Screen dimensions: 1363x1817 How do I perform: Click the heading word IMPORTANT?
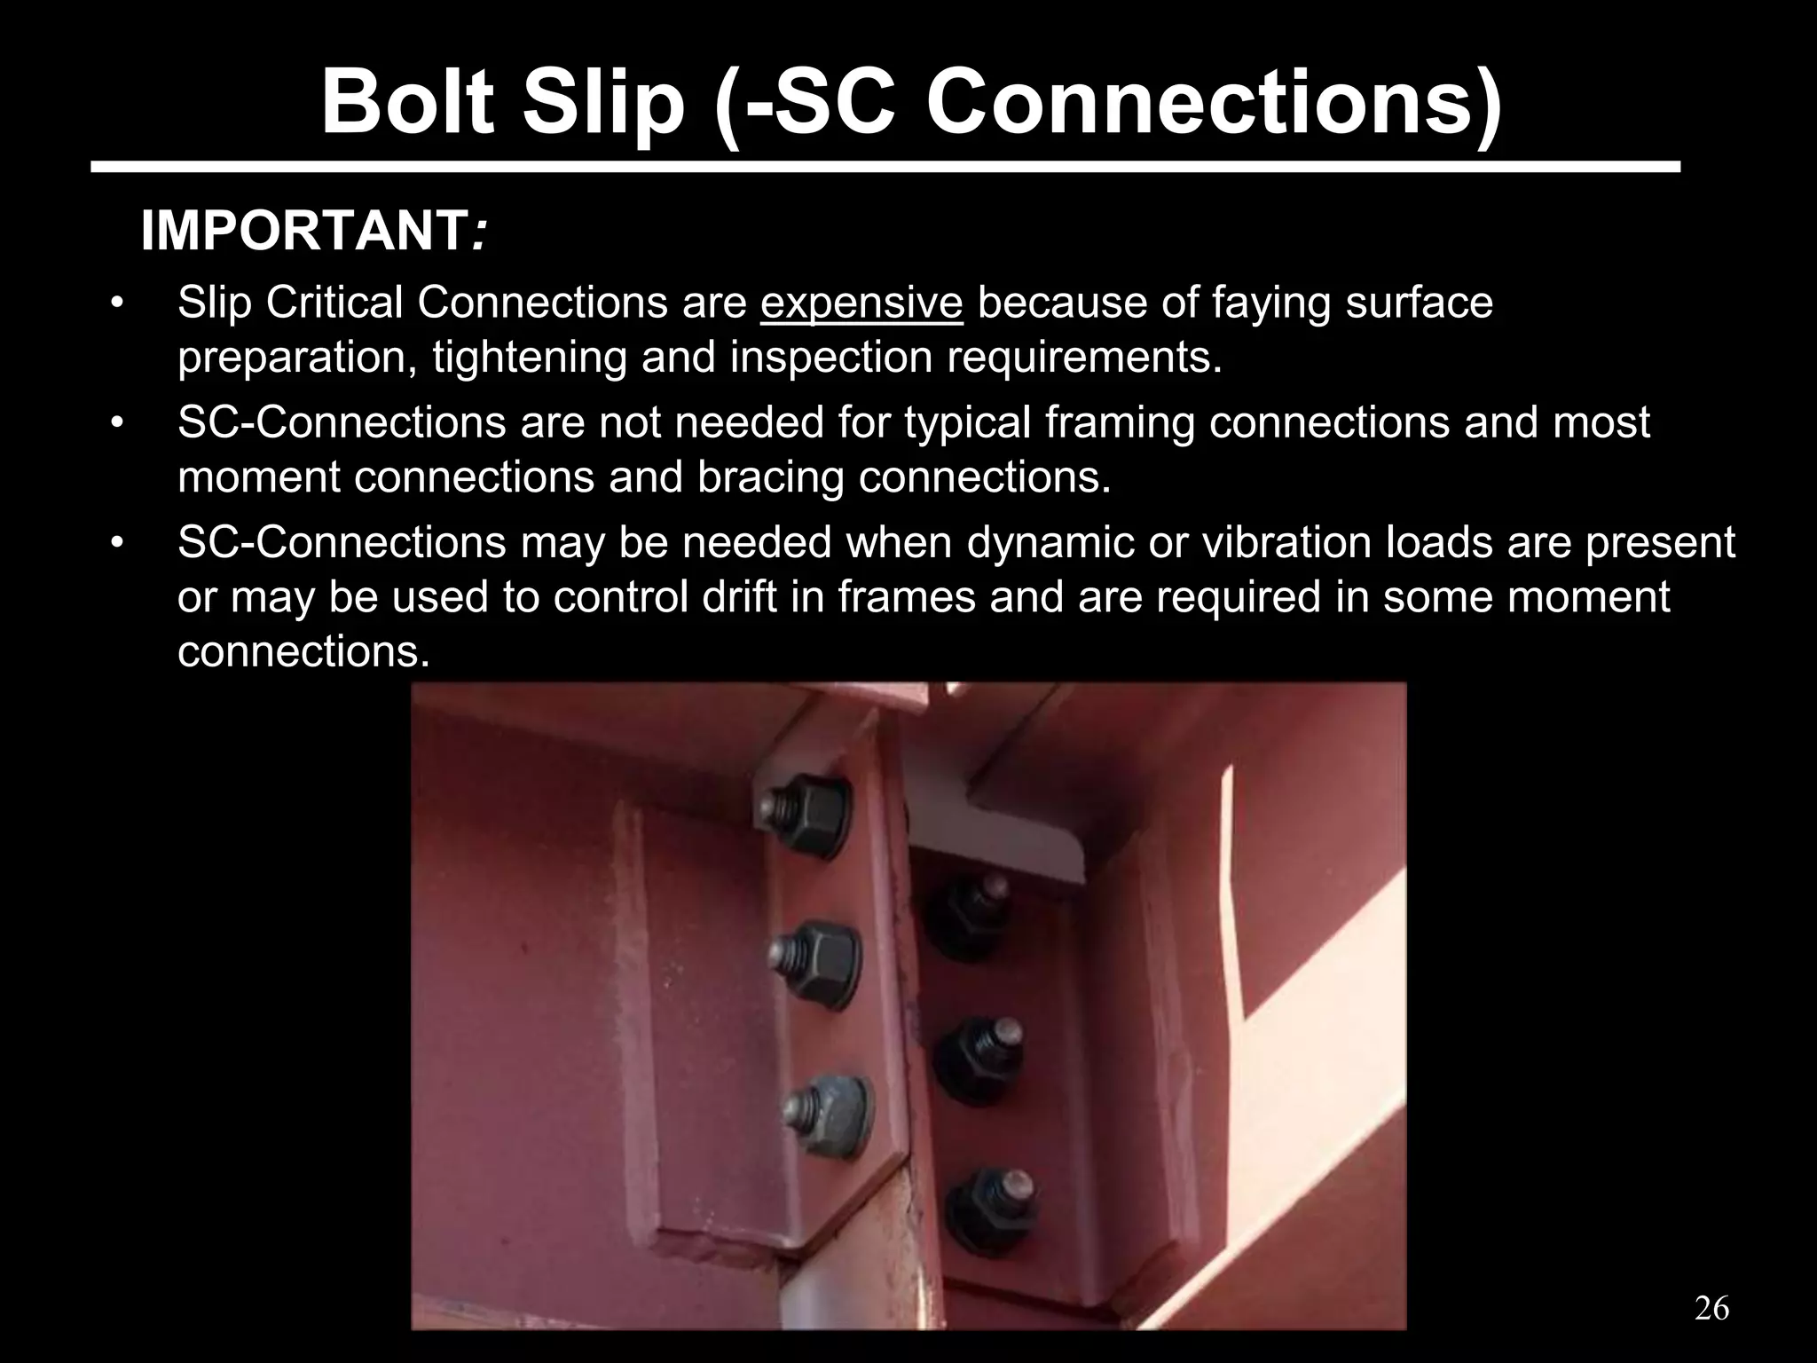tap(305, 232)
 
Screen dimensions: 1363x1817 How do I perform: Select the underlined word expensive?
tap(861, 303)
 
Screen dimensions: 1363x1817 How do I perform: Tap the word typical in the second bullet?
tap(968, 422)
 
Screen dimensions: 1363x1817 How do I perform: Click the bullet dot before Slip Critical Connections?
tap(116, 304)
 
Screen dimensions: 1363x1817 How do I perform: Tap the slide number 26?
tap(1711, 1308)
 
